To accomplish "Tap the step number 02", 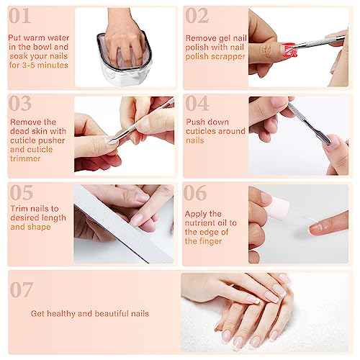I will pos(197,16).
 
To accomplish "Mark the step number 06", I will pos(197,192).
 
